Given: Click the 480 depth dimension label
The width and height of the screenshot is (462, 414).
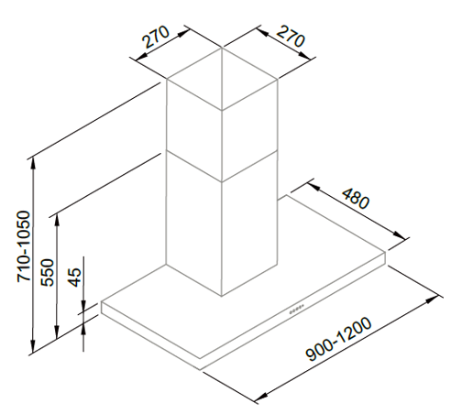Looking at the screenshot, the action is click(x=356, y=199).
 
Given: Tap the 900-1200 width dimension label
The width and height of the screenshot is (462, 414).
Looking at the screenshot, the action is click(x=339, y=340).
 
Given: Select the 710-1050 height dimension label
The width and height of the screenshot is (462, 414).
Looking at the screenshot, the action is click(x=24, y=246).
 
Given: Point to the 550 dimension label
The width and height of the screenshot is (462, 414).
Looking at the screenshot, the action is click(x=48, y=273).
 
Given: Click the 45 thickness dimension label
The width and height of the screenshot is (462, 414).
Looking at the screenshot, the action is click(x=75, y=278).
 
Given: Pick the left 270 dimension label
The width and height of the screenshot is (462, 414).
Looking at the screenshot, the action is click(x=156, y=37).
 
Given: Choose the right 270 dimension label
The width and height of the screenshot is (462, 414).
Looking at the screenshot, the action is click(x=291, y=37).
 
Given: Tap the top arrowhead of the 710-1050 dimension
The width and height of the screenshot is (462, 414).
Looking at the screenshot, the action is click(x=33, y=165).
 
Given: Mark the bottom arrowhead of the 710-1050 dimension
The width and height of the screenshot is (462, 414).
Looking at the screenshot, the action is click(x=32, y=345).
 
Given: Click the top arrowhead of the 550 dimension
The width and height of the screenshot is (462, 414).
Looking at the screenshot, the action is click(x=57, y=221).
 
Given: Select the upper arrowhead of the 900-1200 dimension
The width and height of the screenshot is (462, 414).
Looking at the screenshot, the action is click(x=433, y=300).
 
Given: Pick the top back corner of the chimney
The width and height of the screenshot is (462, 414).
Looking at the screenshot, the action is click(x=222, y=48).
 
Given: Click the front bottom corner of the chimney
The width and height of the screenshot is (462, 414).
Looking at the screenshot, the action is click(x=222, y=296).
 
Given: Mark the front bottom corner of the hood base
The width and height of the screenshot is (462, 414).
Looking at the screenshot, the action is click(x=200, y=370).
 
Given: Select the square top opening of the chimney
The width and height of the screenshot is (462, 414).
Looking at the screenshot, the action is click(x=222, y=79).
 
